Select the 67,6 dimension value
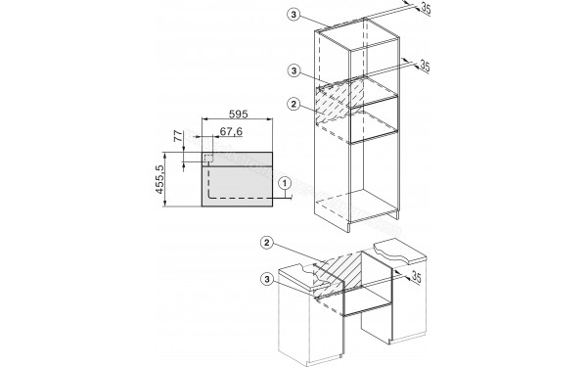[233, 131]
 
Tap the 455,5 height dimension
[171, 178]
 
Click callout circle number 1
[285, 181]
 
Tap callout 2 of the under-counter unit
[266, 243]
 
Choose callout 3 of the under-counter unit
[266, 281]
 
